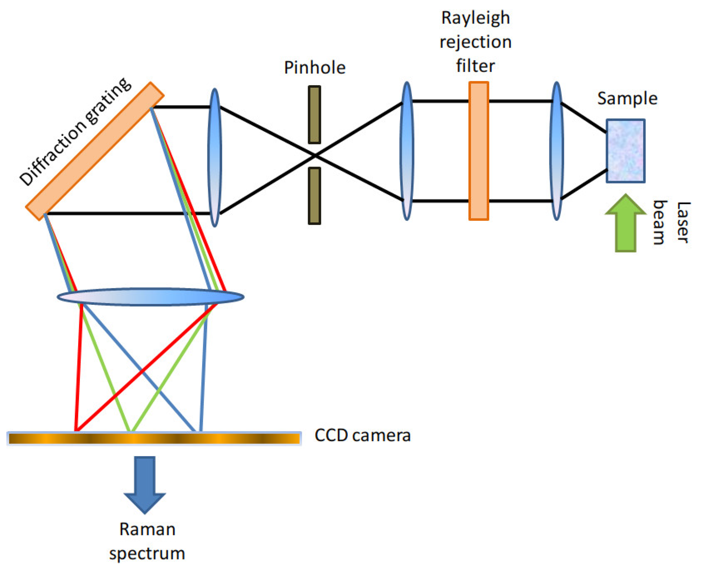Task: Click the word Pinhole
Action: click(x=314, y=68)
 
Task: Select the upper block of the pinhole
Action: click(x=314, y=115)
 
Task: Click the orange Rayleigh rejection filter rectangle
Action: click(x=478, y=151)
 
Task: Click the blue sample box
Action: click(x=625, y=151)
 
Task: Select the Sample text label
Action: click(x=627, y=98)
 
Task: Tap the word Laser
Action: click(x=683, y=223)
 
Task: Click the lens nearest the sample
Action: click(x=556, y=151)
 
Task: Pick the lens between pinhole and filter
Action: click(x=407, y=151)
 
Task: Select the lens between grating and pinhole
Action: click(x=214, y=157)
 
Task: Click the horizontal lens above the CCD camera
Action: click(x=150, y=297)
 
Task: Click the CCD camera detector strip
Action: click(x=154, y=438)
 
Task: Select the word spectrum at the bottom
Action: click(x=147, y=554)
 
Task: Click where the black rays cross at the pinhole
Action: click(x=315, y=155)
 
